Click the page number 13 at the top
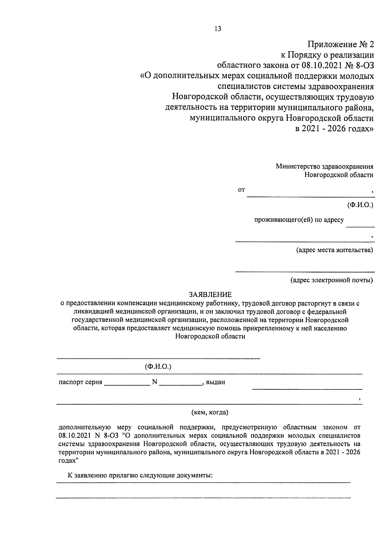click(x=218, y=29)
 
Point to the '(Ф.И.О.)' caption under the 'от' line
click(x=360, y=205)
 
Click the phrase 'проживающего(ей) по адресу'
click(x=299, y=220)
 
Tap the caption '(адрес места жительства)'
click(x=334, y=250)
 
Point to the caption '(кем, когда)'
click(x=210, y=412)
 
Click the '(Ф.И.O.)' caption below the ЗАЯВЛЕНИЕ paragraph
click(x=158, y=367)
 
